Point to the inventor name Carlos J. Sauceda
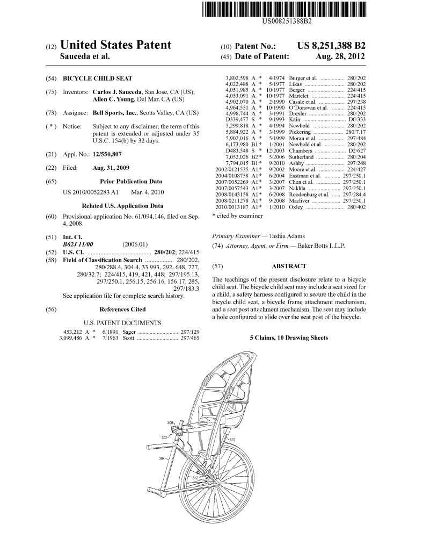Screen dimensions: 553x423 click(x=115, y=92)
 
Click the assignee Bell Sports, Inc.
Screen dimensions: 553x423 click(x=115, y=113)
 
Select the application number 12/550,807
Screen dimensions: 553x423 click(x=107, y=154)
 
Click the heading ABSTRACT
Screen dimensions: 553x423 click(x=289, y=266)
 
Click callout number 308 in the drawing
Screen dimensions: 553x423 click(x=170, y=423)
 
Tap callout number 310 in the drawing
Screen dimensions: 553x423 click(x=232, y=440)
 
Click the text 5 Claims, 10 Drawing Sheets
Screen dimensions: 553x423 click(x=289, y=338)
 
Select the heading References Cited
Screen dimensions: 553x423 click(x=122, y=309)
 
